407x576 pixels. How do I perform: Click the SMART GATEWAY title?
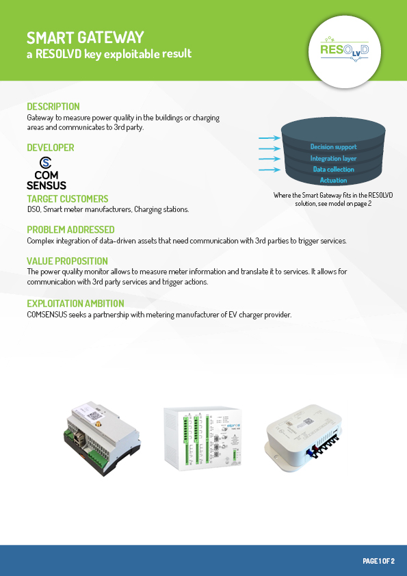[86, 38]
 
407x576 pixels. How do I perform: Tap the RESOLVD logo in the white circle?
[345, 49]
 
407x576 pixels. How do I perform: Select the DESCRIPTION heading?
[53, 107]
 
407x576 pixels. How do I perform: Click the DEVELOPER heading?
[51, 148]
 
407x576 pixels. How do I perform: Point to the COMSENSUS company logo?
[47, 173]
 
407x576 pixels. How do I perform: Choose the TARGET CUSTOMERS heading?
[68, 199]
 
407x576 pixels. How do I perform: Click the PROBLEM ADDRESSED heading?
[70, 230]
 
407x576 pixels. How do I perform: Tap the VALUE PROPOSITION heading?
[67, 261]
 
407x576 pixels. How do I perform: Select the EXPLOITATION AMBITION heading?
[75, 304]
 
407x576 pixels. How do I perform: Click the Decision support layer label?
[334, 147]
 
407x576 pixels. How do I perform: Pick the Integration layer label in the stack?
[334, 158]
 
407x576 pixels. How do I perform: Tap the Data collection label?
[334, 170]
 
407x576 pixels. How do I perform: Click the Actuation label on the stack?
[334, 181]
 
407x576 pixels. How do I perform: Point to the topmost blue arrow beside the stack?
[270, 138]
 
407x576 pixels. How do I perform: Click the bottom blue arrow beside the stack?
[270, 170]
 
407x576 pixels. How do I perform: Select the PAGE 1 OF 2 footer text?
[378, 561]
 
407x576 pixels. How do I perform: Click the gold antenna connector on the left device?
[99, 425]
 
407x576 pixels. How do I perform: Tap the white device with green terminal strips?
[202, 438]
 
